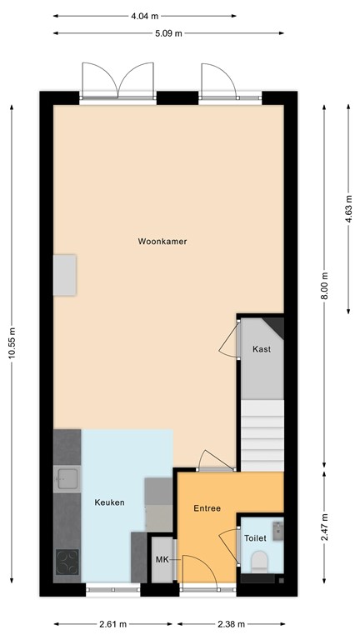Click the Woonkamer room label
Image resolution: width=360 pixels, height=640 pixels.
(x=162, y=242)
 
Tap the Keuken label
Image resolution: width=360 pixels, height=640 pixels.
(x=109, y=502)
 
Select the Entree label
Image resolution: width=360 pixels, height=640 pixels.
(x=207, y=508)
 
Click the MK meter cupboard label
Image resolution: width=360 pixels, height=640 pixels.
(x=162, y=560)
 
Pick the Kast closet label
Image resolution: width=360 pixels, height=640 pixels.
(x=262, y=349)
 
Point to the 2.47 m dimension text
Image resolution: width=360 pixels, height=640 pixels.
(x=325, y=526)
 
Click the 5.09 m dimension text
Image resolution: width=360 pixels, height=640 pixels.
(x=169, y=33)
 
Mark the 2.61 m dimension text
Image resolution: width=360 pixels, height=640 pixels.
(x=113, y=624)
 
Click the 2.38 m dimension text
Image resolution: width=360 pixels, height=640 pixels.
(x=231, y=624)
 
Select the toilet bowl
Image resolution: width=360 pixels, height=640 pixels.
(x=260, y=560)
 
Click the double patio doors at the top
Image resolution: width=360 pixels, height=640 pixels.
(x=118, y=83)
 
